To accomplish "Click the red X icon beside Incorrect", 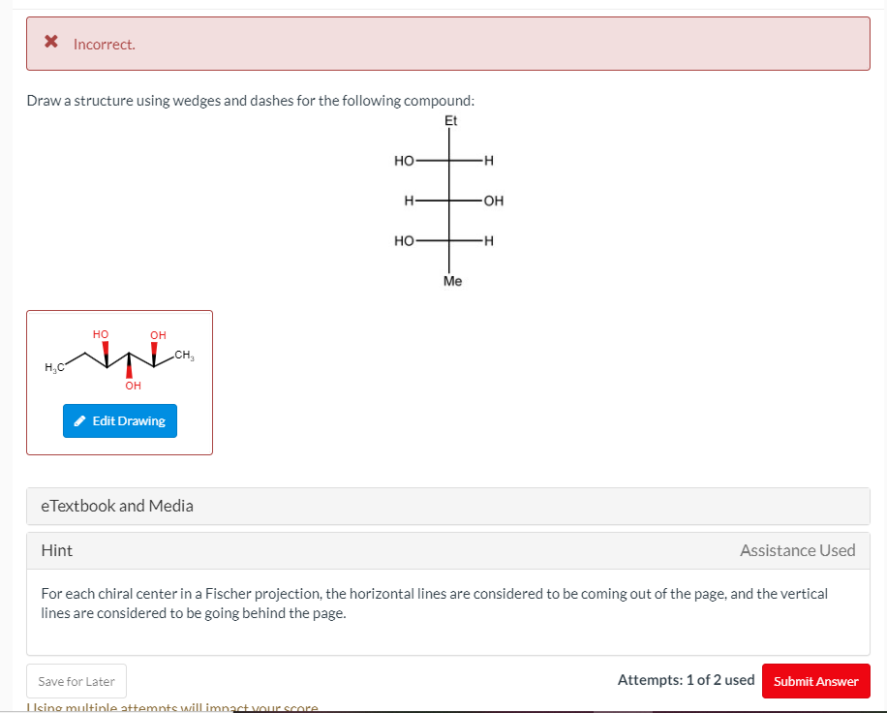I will pyautogui.click(x=51, y=43).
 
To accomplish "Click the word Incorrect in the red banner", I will pyautogui.click(x=105, y=45).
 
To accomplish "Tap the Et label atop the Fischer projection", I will pyautogui.click(x=450, y=121).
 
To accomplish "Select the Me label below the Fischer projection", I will pyautogui.click(x=452, y=281).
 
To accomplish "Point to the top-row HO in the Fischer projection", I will pyautogui.click(x=405, y=160).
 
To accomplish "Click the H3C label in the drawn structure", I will pyautogui.click(x=54, y=366).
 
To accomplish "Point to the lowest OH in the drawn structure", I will pyautogui.click(x=133, y=386).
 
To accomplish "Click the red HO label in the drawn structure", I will pyautogui.click(x=101, y=334).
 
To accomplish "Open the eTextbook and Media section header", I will pyautogui.click(x=117, y=506).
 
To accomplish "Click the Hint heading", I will pyautogui.click(x=57, y=550).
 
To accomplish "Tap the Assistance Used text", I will pyautogui.click(x=797, y=550).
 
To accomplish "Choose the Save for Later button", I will pyautogui.click(x=76, y=681).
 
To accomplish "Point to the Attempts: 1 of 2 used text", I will pyautogui.click(x=686, y=680).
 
